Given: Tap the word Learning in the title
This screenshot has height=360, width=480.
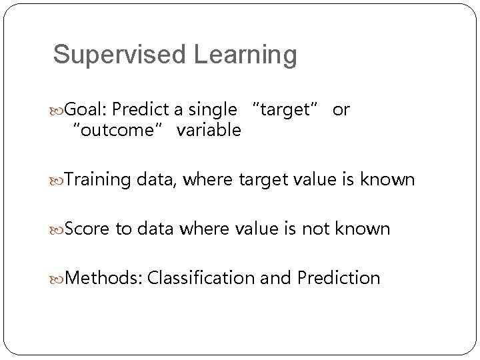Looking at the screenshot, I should (x=245, y=55).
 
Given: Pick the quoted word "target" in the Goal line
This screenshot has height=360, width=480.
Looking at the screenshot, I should (x=287, y=110).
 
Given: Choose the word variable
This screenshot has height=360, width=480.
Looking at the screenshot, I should (x=208, y=130).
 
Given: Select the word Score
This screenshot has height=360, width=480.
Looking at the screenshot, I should (x=89, y=229).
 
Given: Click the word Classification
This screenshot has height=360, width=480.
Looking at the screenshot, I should (x=201, y=277).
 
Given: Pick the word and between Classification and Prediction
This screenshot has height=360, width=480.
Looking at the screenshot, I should (x=275, y=277).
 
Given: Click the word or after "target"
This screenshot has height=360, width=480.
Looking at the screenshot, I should (x=340, y=110).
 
